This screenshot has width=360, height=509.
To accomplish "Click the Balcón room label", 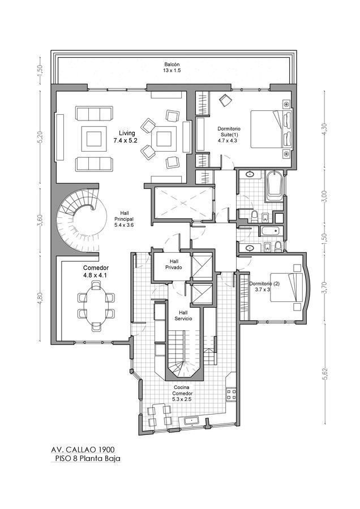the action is coord(172,67).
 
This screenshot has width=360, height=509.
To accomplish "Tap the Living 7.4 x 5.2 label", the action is coord(126,137).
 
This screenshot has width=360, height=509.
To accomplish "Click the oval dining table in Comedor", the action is coord(96,307).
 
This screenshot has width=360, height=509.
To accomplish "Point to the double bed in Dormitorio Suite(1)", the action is coord(271,129).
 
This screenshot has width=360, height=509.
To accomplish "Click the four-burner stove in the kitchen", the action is coord(232,394).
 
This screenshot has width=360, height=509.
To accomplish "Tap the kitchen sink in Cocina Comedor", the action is coord(192,421).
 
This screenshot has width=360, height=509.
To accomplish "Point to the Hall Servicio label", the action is coord(183,316).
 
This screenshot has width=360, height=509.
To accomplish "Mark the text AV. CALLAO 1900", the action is coord(83,450).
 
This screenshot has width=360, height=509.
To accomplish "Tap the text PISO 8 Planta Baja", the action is coord(87,458).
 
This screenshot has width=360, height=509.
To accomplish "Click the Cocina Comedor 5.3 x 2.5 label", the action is coord(183,393).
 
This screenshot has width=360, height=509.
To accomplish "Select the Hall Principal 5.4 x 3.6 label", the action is coord(124,219).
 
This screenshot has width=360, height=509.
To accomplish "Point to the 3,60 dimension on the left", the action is coord(40,220).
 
